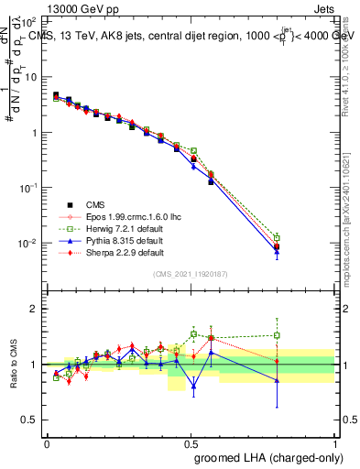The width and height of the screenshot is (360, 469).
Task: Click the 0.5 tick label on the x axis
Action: pos(191,442)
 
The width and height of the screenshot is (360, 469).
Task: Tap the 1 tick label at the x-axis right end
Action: pos(335,442)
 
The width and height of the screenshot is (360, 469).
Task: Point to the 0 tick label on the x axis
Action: pos(47,442)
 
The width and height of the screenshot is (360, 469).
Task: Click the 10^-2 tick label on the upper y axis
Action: pos(28,244)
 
